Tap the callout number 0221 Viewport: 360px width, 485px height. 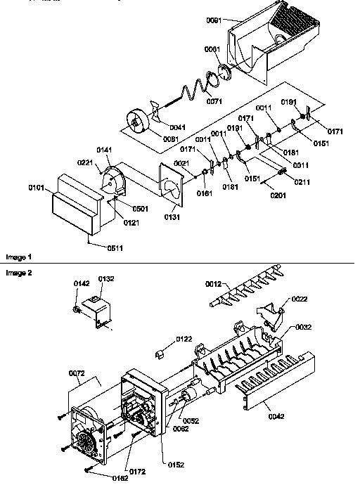[x=85, y=163]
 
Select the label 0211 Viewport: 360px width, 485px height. [x=302, y=182]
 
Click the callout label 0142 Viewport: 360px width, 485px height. [x=82, y=283]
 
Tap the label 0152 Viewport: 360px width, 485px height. [x=176, y=464]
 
